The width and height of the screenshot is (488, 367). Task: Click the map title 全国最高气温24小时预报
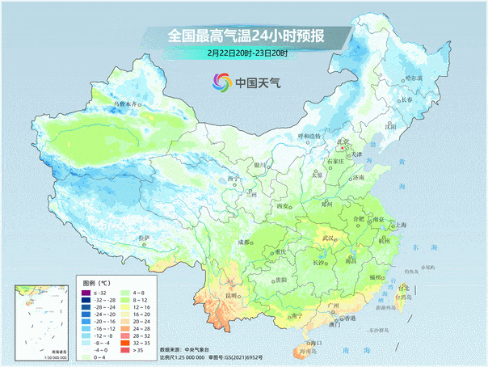point(246,36)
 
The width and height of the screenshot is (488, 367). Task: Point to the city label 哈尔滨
point(413,78)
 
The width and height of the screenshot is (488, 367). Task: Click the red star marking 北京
point(343,148)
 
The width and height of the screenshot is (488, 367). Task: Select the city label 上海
point(398,225)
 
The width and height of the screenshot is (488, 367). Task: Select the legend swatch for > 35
point(126,348)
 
